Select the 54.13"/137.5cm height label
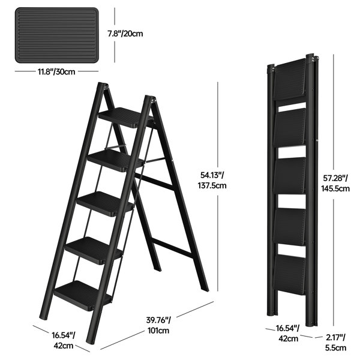[x=214, y=180]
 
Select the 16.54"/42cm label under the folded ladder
[x=287, y=334]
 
